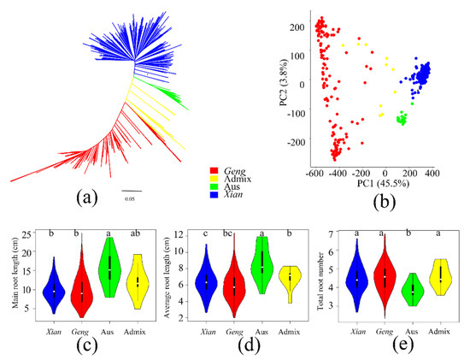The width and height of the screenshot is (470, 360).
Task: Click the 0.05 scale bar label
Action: [x=131, y=200]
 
